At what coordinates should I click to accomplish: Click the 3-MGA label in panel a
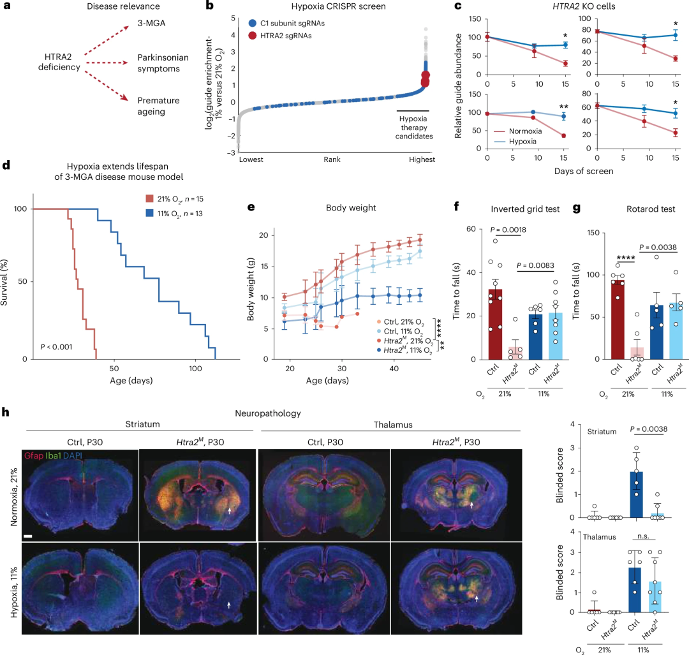[x=151, y=23]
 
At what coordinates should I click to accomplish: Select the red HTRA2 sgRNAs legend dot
[x=252, y=36]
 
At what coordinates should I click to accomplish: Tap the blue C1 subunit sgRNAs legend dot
[x=252, y=24]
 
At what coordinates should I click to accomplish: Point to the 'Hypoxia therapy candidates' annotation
[x=413, y=128]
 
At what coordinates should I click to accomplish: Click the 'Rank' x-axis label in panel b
[x=332, y=159]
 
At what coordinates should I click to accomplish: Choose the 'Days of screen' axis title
[x=584, y=171]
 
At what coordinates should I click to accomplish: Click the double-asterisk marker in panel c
[x=563, y=107]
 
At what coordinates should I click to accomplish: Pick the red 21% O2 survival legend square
[x=149, y=198]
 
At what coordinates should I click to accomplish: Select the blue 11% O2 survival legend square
[x=149, y=213]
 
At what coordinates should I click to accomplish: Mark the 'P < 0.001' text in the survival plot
[x=56, y=346]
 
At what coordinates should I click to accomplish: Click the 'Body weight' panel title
[x=351, y=208]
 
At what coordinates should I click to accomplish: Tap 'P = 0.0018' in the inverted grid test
[x=508, y=230]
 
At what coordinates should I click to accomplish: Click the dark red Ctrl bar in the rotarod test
[x=618, y=320]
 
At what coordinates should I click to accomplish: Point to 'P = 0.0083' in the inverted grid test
[x=535, y=265]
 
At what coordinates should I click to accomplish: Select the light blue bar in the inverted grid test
[x=556, y=336]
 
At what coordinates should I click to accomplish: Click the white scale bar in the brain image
[x=28, y=536]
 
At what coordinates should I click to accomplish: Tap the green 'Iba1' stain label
[x=53, y=455]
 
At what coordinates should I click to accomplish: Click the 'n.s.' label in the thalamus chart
[x=643, y=536]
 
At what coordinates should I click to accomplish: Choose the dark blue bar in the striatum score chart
[x=636, y=494]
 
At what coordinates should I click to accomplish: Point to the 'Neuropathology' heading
[x=267, y=413]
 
